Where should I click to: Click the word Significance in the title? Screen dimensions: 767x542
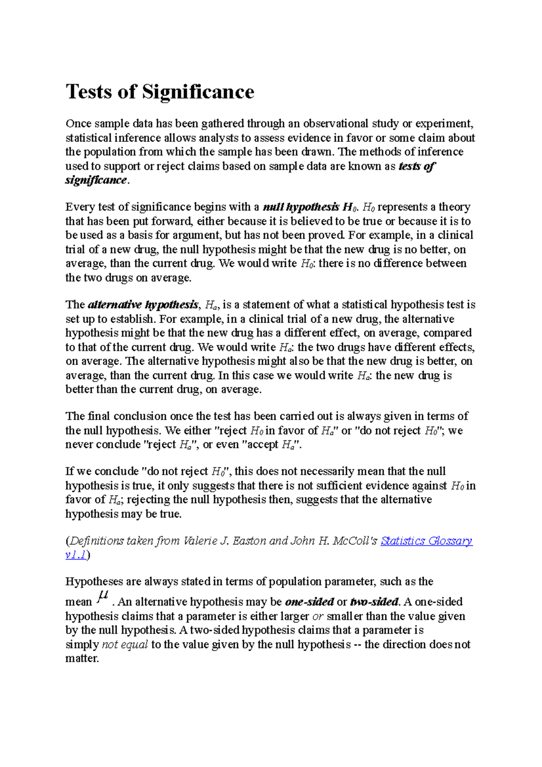pyautogui.click(x=198, y=92)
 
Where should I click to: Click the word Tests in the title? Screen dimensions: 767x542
pyautogui.click(x=89, y=92)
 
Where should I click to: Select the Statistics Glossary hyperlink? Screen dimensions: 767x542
pyautogui.click(x=426, y=541)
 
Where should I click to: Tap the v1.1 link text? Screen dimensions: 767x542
pyautogui.click(x=76, y=555)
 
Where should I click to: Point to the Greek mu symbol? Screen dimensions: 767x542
pyautogui.click(x=103, y=597)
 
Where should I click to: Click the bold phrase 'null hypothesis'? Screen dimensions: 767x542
pyautogui.click(x=301, y=207)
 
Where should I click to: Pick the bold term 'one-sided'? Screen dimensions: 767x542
pyautogui.click(x=309, y=602)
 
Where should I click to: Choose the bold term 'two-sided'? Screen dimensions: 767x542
pyautogui.click(x=374, y=602)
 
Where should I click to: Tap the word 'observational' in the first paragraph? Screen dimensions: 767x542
pyautogui.click(x=336, y=123)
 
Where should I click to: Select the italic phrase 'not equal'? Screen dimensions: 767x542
pyautogui.click(x=125, y=645)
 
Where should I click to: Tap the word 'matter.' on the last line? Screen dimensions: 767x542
pyautogui.click(x=82, y=659)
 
